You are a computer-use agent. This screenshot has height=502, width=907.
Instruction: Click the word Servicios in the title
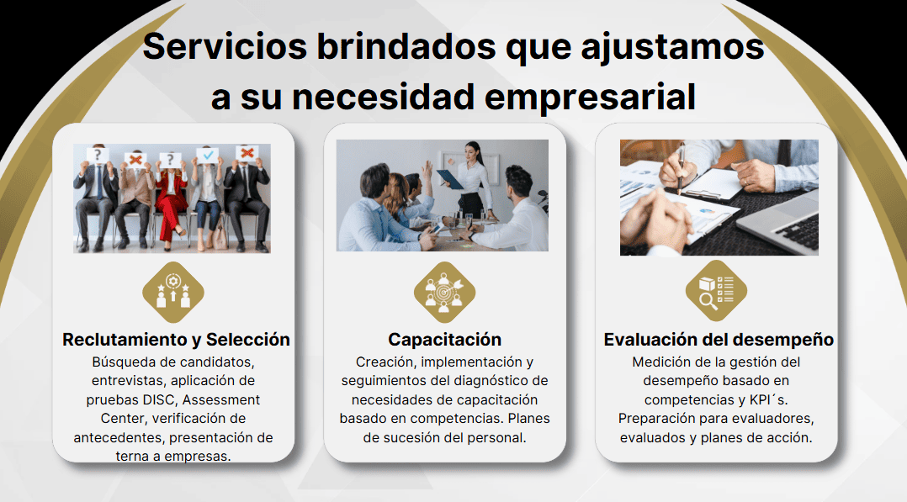coord(225,46)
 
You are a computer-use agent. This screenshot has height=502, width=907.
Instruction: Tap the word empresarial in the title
coord(590,98)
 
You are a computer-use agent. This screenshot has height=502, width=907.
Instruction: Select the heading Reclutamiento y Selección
coord(176,340)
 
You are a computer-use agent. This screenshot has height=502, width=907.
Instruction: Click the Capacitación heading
coord(445,340)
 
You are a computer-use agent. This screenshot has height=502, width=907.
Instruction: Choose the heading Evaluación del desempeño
coord(719,340)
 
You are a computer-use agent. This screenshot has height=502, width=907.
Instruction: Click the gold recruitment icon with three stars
coord(173,292)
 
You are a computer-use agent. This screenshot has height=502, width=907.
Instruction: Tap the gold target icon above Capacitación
coord(444,292)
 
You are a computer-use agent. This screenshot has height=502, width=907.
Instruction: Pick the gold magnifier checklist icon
coord(716,291)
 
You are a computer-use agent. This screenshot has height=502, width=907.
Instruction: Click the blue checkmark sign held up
coord(208,155)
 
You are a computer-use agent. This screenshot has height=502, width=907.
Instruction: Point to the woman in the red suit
coord(169,199)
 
